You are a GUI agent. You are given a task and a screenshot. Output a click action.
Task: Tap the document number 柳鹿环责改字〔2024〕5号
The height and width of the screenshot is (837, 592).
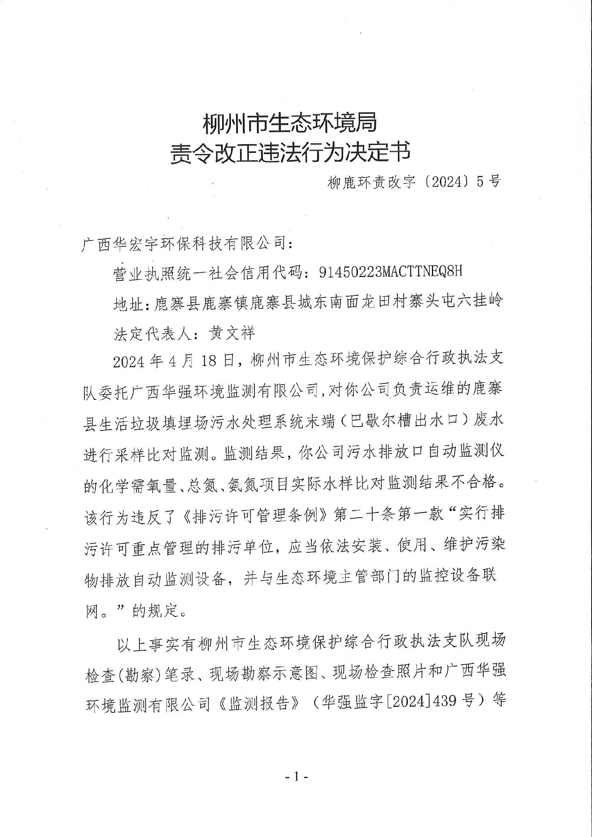(414, 182)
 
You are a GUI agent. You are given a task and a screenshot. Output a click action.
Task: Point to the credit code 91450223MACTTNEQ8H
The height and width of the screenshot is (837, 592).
(391, 272)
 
